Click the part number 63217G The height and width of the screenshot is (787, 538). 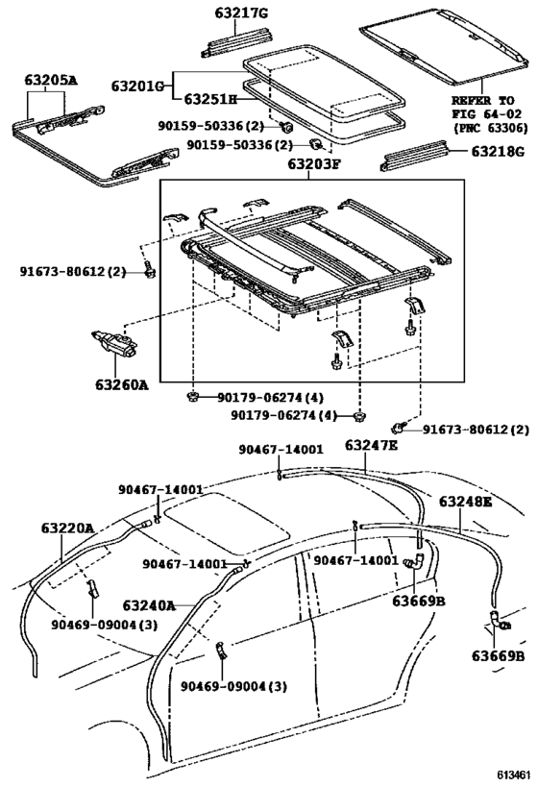coord(241,13)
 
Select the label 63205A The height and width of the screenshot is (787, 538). coord(51,80)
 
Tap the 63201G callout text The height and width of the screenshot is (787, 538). coord(138,86)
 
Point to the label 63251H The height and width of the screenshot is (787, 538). coord(210,99)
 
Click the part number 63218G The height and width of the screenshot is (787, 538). coord(498,151)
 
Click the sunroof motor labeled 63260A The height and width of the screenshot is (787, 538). coord(115,344)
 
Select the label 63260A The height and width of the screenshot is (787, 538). coord(121,384)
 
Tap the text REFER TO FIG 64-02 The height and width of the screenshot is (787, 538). coord(486,107)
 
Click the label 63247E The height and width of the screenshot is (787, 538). coord(372,445)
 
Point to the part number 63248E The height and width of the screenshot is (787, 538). coord(466,501)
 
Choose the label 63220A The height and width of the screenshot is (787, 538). coord(68,528)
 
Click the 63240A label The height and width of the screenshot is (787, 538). coord(149,605)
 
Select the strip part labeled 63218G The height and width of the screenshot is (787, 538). coord(414,156)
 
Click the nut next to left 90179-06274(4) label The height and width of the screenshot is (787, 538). coord(192,398)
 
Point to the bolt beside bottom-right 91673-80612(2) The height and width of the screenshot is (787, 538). coord(398,428)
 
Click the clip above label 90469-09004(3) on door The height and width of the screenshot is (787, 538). coord(221,650)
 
